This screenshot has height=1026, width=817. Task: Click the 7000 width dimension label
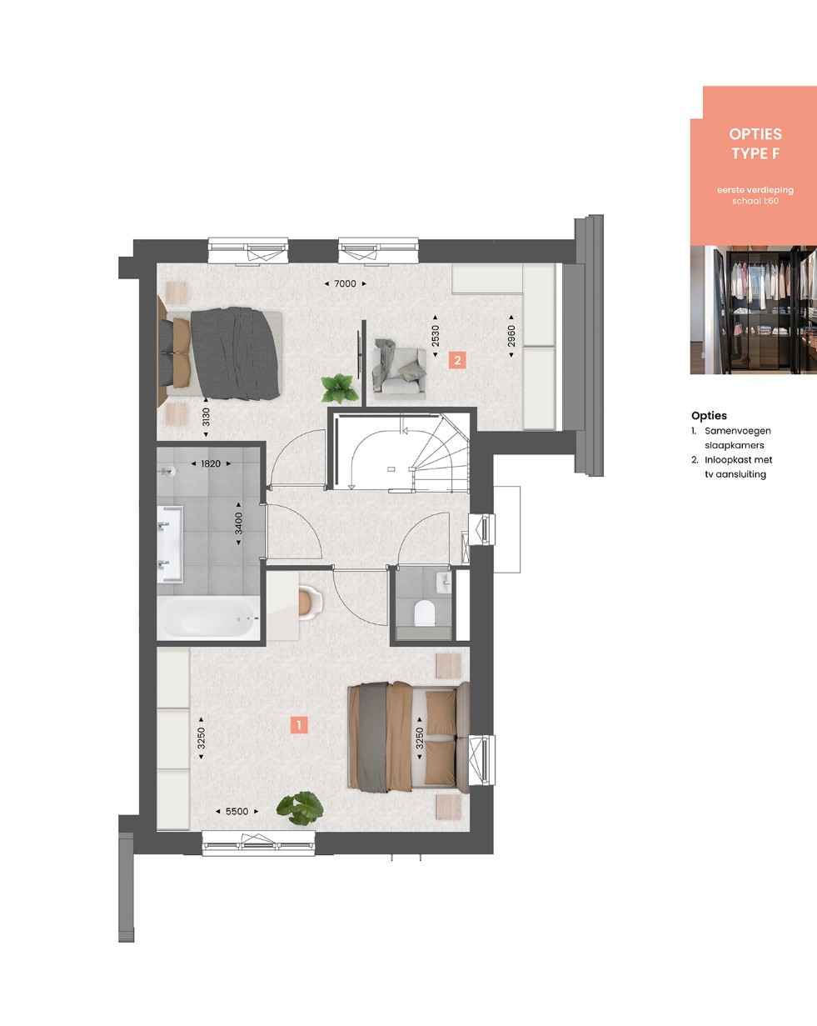pyautogui.click(x=345, y=283)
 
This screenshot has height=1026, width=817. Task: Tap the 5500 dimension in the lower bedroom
pyautogui.click(x=237, y=812)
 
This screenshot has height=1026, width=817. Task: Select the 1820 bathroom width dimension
pyautogui.click(x=211, y=463)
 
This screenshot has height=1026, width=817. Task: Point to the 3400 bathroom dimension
pyautogui.click(x=239, y=523)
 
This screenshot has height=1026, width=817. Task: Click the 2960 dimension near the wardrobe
pyautogui.click(x=511, y=336)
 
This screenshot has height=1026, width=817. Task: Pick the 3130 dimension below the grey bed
pyautogui.click(x=206, y=418)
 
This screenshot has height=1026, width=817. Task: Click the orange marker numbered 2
pyautogui.click(x=457, y=360)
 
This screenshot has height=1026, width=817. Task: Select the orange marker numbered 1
pyautogui.click(x=299, y=725)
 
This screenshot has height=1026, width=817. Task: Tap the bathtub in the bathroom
pyautogui.click(x=208, y=618)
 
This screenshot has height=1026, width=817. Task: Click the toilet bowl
pyautogui.click(x=424, y=613)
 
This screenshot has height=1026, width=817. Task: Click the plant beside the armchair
pyautogui.click(x=340, y=388)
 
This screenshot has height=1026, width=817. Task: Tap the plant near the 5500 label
pyautogui.click(x=300, y=808)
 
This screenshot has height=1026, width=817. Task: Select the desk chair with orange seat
pyautogui.click(x=309, y=603)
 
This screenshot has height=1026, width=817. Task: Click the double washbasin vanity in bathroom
pyautogui.click(x=170, y=544)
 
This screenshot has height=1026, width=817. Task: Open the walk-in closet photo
pyautogui.click(x=753, y=309)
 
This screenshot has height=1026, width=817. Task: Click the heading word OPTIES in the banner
pyautogui.click(x=755, y=134)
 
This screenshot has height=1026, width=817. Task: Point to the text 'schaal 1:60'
pyautogui.click(x=755, y=201)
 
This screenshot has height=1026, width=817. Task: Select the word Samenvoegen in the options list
pyautogui.click(x=737, y=431)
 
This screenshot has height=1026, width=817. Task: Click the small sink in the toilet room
pyautogui.click(x=444, y=582)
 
